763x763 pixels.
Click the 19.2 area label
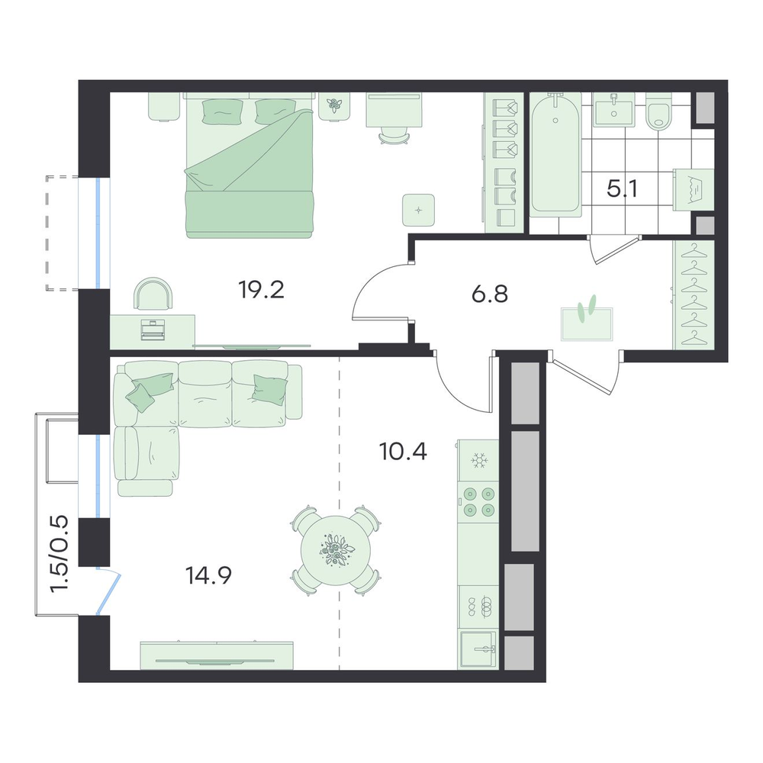261,290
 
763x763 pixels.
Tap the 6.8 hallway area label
490,294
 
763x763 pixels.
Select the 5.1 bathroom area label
622,188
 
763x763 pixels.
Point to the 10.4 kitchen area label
403,452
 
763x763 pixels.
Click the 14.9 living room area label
208,575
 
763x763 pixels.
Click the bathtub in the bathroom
555,154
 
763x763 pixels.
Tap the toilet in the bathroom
659,111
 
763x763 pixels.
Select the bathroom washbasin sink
613,109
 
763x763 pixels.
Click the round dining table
336,551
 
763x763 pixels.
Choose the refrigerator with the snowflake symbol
478,460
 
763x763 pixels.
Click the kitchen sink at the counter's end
478,649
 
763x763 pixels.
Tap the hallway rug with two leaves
587,323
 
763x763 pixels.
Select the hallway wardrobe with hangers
694,295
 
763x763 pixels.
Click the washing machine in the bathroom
694,190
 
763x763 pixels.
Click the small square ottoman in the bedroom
418,210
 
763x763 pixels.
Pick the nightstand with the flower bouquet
334,105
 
